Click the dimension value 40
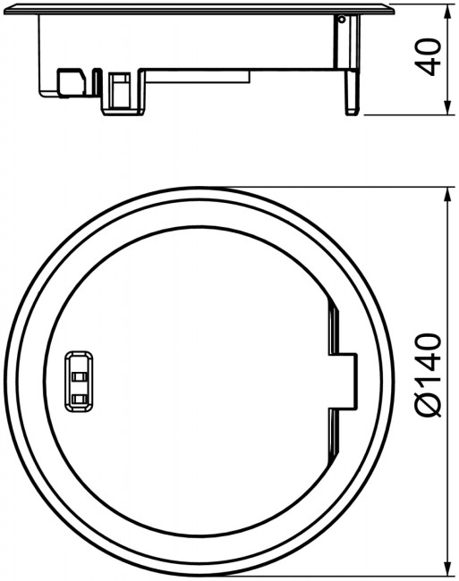(428, 56)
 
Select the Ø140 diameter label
(428, 375)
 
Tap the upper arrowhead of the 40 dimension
(448, 12)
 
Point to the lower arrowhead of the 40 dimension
(448, 107)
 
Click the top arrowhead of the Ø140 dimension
(448, 195)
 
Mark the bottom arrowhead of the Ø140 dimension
(448, 568)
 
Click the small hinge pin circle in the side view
(342, 20)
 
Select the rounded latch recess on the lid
(79, 382)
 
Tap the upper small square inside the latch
(80, 377)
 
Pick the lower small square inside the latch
(80, 399)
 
